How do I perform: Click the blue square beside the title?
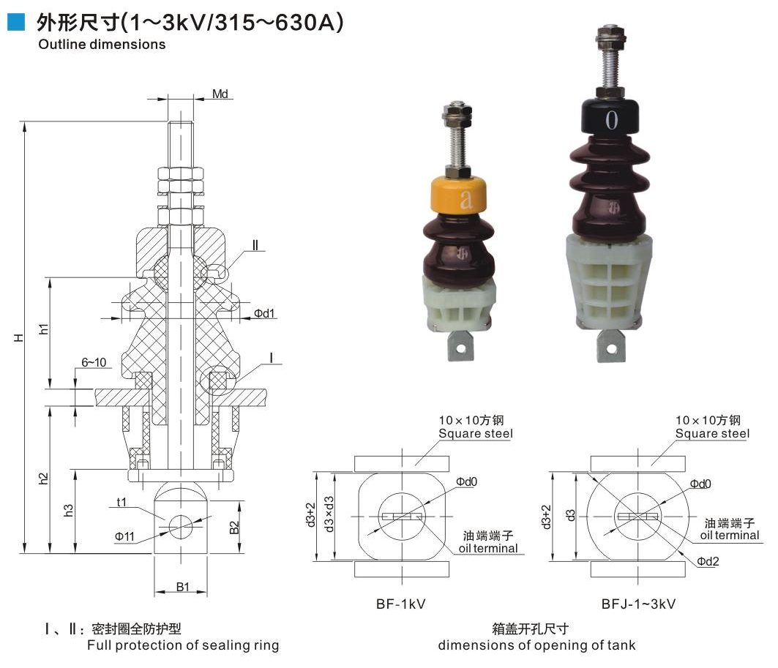tap(16, 22)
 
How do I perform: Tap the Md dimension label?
tap(220, 94)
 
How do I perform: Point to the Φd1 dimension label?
tap(264, 313)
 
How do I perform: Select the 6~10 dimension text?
tap(94, 362)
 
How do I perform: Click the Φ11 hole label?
tap(124, 536)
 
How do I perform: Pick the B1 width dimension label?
tap(183, 587)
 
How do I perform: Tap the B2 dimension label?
tap(234, 528)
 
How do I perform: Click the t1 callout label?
tap(121, 503)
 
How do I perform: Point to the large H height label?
tap(19, 338)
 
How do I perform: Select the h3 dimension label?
tap(69, 510)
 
